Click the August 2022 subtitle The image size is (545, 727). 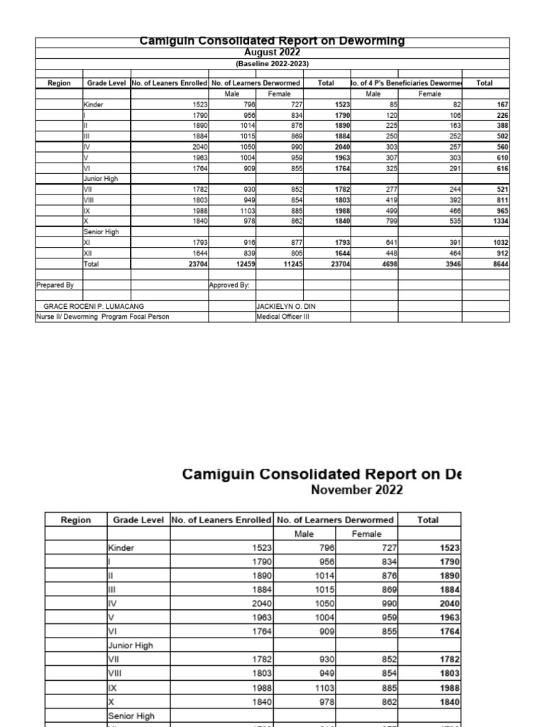pos(272,53)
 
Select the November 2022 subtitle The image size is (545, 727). pos(357,490)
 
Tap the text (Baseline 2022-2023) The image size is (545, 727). pos(272,63)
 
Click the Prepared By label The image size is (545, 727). pos(55,285)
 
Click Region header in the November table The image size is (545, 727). pos(76,520)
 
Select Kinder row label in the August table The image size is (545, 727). pos(94,104)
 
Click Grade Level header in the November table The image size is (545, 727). pos(138,520)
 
